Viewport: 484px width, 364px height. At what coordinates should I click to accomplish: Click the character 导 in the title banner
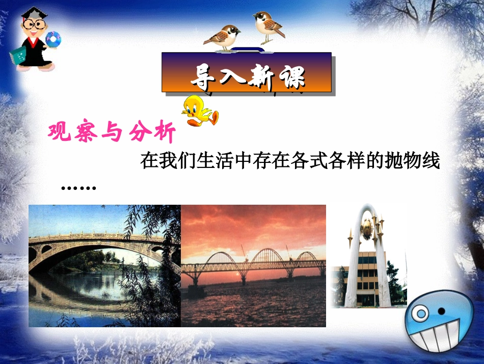[x=202, y=77]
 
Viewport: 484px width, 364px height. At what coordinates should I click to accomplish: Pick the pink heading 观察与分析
[x=112, y=133]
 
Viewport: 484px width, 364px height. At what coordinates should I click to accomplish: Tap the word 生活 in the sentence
[x=210, y=162]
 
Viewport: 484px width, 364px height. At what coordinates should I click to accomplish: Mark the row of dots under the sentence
[x=78, y=188]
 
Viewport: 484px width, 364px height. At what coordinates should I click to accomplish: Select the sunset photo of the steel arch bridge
[x=253, y=265]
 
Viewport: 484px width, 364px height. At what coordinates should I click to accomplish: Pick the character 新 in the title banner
[x=261, y=77]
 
